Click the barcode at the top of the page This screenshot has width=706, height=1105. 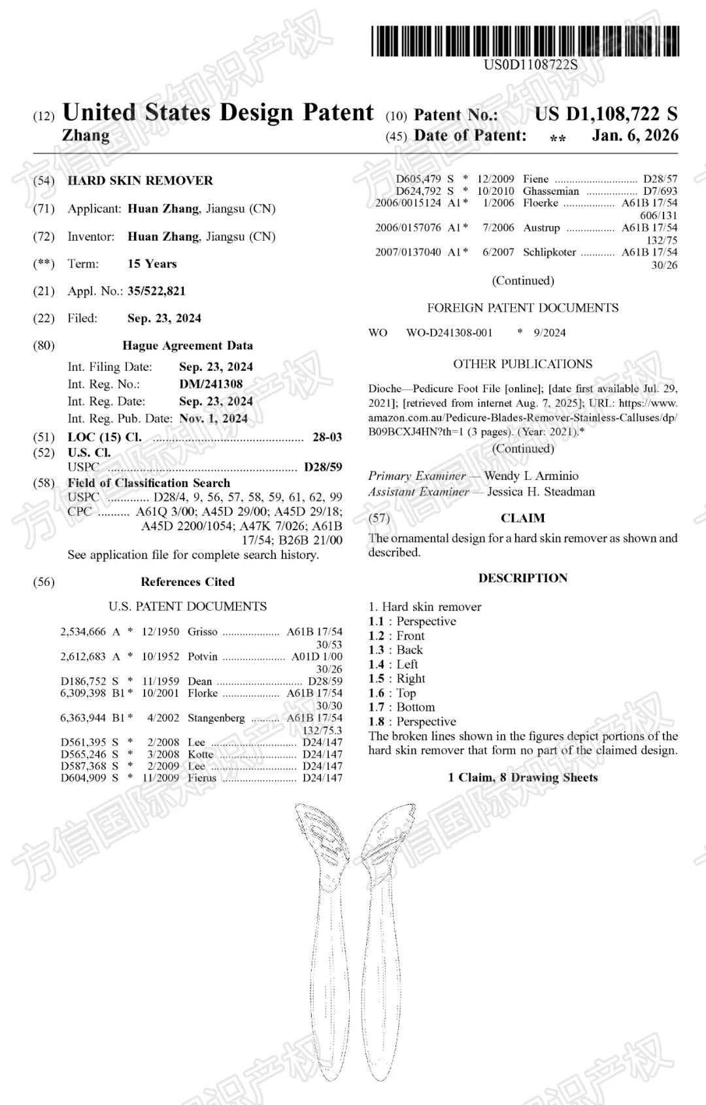pos(525,41)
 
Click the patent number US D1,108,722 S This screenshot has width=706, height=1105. pos(605,114)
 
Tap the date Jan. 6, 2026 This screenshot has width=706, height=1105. pos(635,135)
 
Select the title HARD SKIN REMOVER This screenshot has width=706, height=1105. pos(140,180)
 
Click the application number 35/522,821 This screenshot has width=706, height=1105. pos(156,291)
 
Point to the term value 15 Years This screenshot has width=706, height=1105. pos(152,263)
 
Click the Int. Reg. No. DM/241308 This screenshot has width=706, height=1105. pos(210,384)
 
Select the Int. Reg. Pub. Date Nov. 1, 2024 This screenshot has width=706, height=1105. pos(213,418)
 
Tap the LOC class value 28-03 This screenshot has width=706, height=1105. pos(327,437)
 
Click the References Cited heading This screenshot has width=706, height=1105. pos(188,581)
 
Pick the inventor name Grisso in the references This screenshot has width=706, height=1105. pos(203,632)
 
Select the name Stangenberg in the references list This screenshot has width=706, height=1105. pos(216,717)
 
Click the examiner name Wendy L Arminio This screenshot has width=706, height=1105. pos(531,475)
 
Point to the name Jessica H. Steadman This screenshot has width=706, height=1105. pos(541,491)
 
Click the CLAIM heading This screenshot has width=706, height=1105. pos(522,518)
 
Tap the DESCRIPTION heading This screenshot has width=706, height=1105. pos(522,578)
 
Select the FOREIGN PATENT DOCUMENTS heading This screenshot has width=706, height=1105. pos(522,307)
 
